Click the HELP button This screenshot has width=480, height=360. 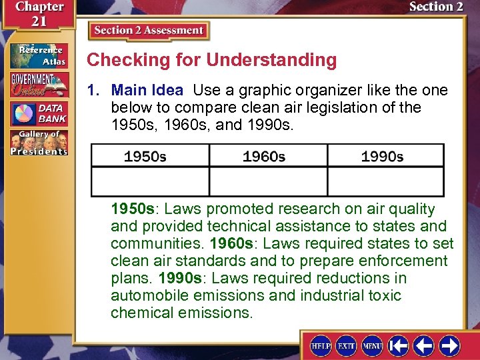tap(321, 345)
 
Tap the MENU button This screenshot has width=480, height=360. tap(372, 345)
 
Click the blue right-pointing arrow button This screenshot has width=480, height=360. tap(449, 345)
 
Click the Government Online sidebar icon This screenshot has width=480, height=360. tap(39, 85)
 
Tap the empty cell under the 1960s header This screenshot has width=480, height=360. tap(269, 181)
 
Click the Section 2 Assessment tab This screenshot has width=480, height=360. tap(149, 31)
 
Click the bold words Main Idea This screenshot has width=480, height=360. tap(147, 90)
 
